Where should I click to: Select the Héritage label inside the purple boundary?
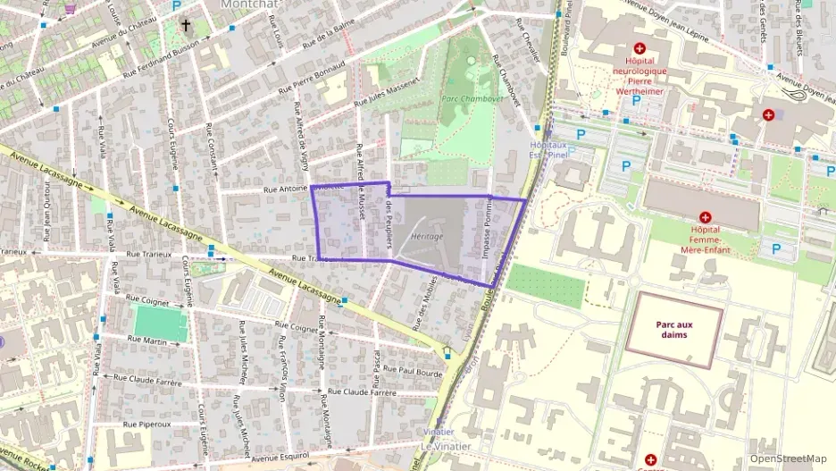point(428,235)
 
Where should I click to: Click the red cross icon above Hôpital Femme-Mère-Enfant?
point(705,217)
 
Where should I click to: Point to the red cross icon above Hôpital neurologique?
point(639,48)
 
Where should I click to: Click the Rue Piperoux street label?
point(146,424)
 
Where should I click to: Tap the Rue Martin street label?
point(147,340)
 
